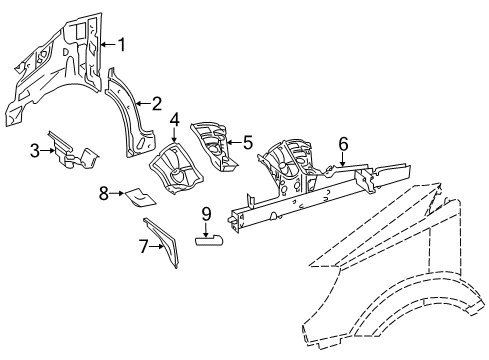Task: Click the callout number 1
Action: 122,44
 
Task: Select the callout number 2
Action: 156,102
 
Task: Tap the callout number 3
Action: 34,150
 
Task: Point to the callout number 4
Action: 174,123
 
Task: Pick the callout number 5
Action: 248,142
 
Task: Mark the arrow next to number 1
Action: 108,44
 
